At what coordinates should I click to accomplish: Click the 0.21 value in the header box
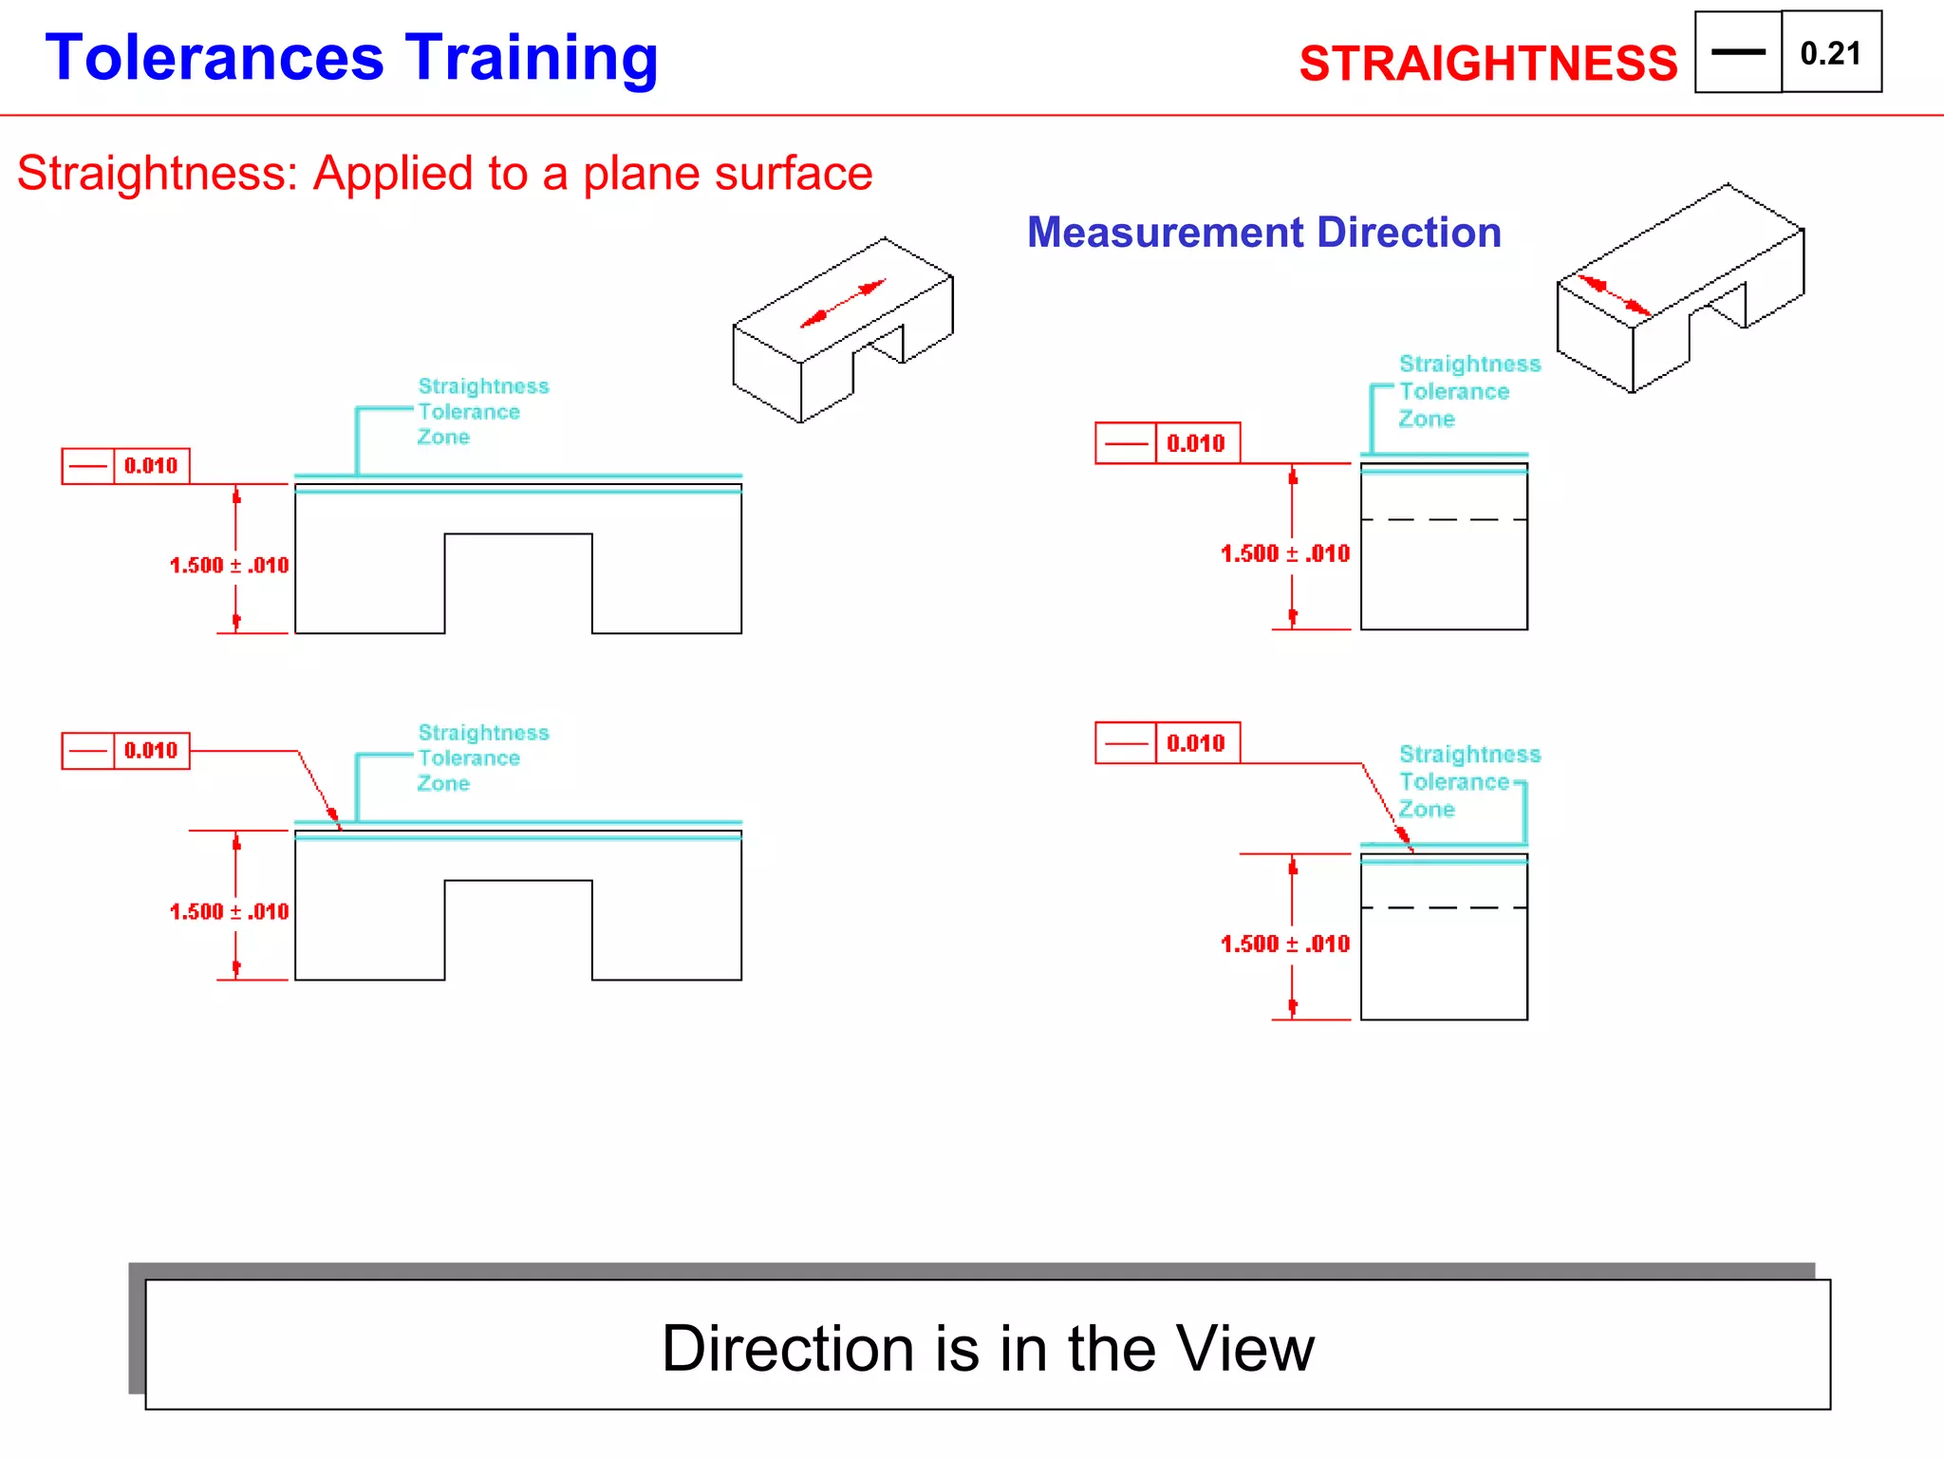click(1830, 53)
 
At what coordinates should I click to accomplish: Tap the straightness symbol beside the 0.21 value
click(1738, 52)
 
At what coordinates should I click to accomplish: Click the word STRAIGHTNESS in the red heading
click(1487, 64)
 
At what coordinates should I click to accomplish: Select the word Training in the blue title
click(531, 59)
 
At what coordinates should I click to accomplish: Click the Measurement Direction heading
click(1263, 233)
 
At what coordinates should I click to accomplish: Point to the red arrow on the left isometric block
click(843, 304)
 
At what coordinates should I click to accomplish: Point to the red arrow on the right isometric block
click(1614, 295)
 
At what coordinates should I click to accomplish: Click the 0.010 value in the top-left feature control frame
click(151, 466)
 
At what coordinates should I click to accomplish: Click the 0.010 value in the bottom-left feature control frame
click(151, 751)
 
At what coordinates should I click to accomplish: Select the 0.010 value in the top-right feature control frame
click(1196, 443)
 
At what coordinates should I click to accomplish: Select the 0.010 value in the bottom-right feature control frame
click(1196, 743)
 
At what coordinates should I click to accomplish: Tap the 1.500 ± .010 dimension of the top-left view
click(229, 566)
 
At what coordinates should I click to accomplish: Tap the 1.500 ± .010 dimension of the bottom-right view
click(1284, 944)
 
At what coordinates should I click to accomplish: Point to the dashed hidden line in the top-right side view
click(1443, 520)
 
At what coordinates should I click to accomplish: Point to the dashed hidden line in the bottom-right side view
click(1443, 908)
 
